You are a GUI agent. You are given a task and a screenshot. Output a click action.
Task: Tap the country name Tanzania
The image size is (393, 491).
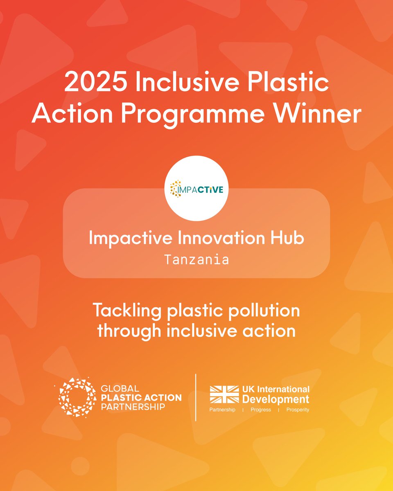(196, 260)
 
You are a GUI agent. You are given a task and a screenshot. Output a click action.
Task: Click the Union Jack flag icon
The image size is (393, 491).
(224, 394)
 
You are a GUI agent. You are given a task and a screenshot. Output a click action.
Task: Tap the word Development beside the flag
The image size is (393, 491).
(278, 399)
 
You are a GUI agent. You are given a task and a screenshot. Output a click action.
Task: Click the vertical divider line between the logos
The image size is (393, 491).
(196, 397)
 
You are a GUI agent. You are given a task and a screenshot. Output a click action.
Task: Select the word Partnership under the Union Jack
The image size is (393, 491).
(222, 410)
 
